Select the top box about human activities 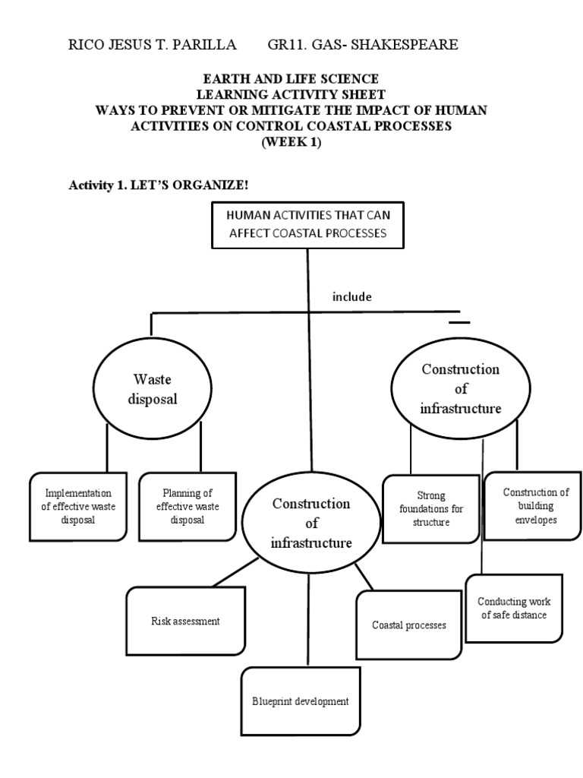coord(307,225)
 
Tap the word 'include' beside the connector coord(351,296)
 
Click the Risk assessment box coord(184,621)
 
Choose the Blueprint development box coord(301,701)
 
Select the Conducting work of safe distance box coord(514,607)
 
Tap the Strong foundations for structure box coord(428,508)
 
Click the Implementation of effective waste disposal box coord(78,507)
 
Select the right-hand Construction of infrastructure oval coord(460,388)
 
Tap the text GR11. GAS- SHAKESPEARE coord(363,45)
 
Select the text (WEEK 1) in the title coord(291,144)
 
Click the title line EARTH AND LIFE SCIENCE coord(291,79)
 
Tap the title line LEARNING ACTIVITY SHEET coord(291,95)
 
